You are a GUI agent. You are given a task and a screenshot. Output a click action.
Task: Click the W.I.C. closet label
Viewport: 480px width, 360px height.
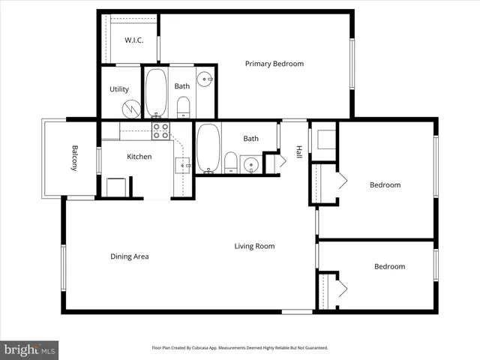point(134,40)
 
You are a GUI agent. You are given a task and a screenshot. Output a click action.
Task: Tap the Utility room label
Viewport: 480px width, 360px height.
point(119,89)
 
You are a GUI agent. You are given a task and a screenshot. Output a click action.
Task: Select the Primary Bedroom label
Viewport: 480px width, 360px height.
point(274,64)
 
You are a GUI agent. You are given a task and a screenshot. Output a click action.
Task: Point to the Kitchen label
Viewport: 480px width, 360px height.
point(139,157)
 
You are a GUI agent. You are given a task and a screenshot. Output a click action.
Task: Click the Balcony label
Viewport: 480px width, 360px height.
point(75,157)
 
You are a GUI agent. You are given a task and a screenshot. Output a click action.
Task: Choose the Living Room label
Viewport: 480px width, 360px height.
point(254,246)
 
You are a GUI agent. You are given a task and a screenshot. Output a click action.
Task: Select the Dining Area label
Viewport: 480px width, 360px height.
point(130,256)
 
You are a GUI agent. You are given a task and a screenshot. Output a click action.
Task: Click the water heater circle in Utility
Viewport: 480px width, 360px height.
point(131,109)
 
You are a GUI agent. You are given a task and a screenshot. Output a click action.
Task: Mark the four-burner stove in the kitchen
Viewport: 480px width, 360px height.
point(160,130)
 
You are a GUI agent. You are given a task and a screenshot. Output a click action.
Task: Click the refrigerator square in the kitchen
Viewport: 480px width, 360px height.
point(116,187)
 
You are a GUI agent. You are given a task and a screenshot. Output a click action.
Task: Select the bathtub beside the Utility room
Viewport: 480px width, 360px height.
point(156,93)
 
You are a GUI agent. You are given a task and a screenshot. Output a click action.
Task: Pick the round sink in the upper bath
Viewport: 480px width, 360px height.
point(204,78)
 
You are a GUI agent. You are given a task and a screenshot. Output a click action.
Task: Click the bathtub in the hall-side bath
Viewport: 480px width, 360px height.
point(208,148)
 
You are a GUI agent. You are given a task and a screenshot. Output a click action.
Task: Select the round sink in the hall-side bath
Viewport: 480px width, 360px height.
point(251,163)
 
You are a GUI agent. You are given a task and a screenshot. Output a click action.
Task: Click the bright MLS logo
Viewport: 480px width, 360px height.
point(30,349)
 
